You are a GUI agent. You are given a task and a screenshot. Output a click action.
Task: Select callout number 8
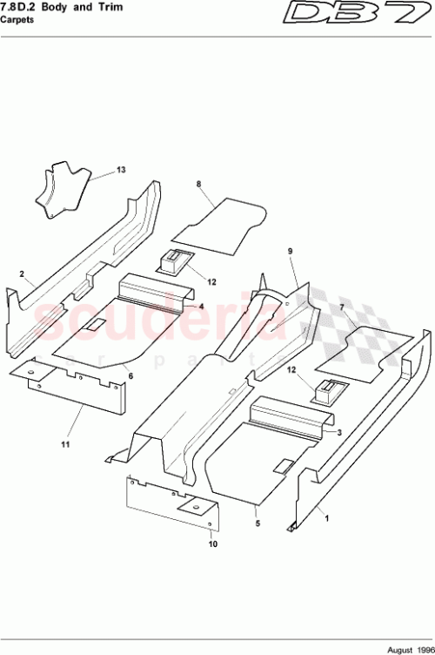click(x=198, y=185)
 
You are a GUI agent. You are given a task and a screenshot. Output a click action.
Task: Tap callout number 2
click(x=21, y=273)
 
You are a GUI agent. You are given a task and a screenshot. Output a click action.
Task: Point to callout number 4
click(x=200, y=307)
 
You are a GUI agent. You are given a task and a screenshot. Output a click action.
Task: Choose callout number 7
click(x=342, y=308)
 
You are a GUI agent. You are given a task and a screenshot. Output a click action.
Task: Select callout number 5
click(x=258, y=523)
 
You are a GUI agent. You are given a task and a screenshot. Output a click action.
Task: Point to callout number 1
click(x=327, y=518)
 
